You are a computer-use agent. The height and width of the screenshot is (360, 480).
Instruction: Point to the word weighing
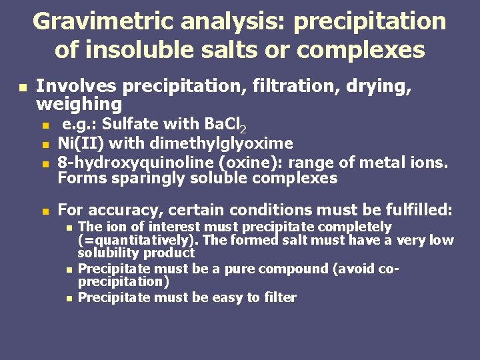click(x=79, y=104)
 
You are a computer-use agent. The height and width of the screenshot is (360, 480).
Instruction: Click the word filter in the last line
click(x=279, y=297)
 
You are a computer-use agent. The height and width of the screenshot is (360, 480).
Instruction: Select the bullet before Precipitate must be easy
click(x=69, y=298)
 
